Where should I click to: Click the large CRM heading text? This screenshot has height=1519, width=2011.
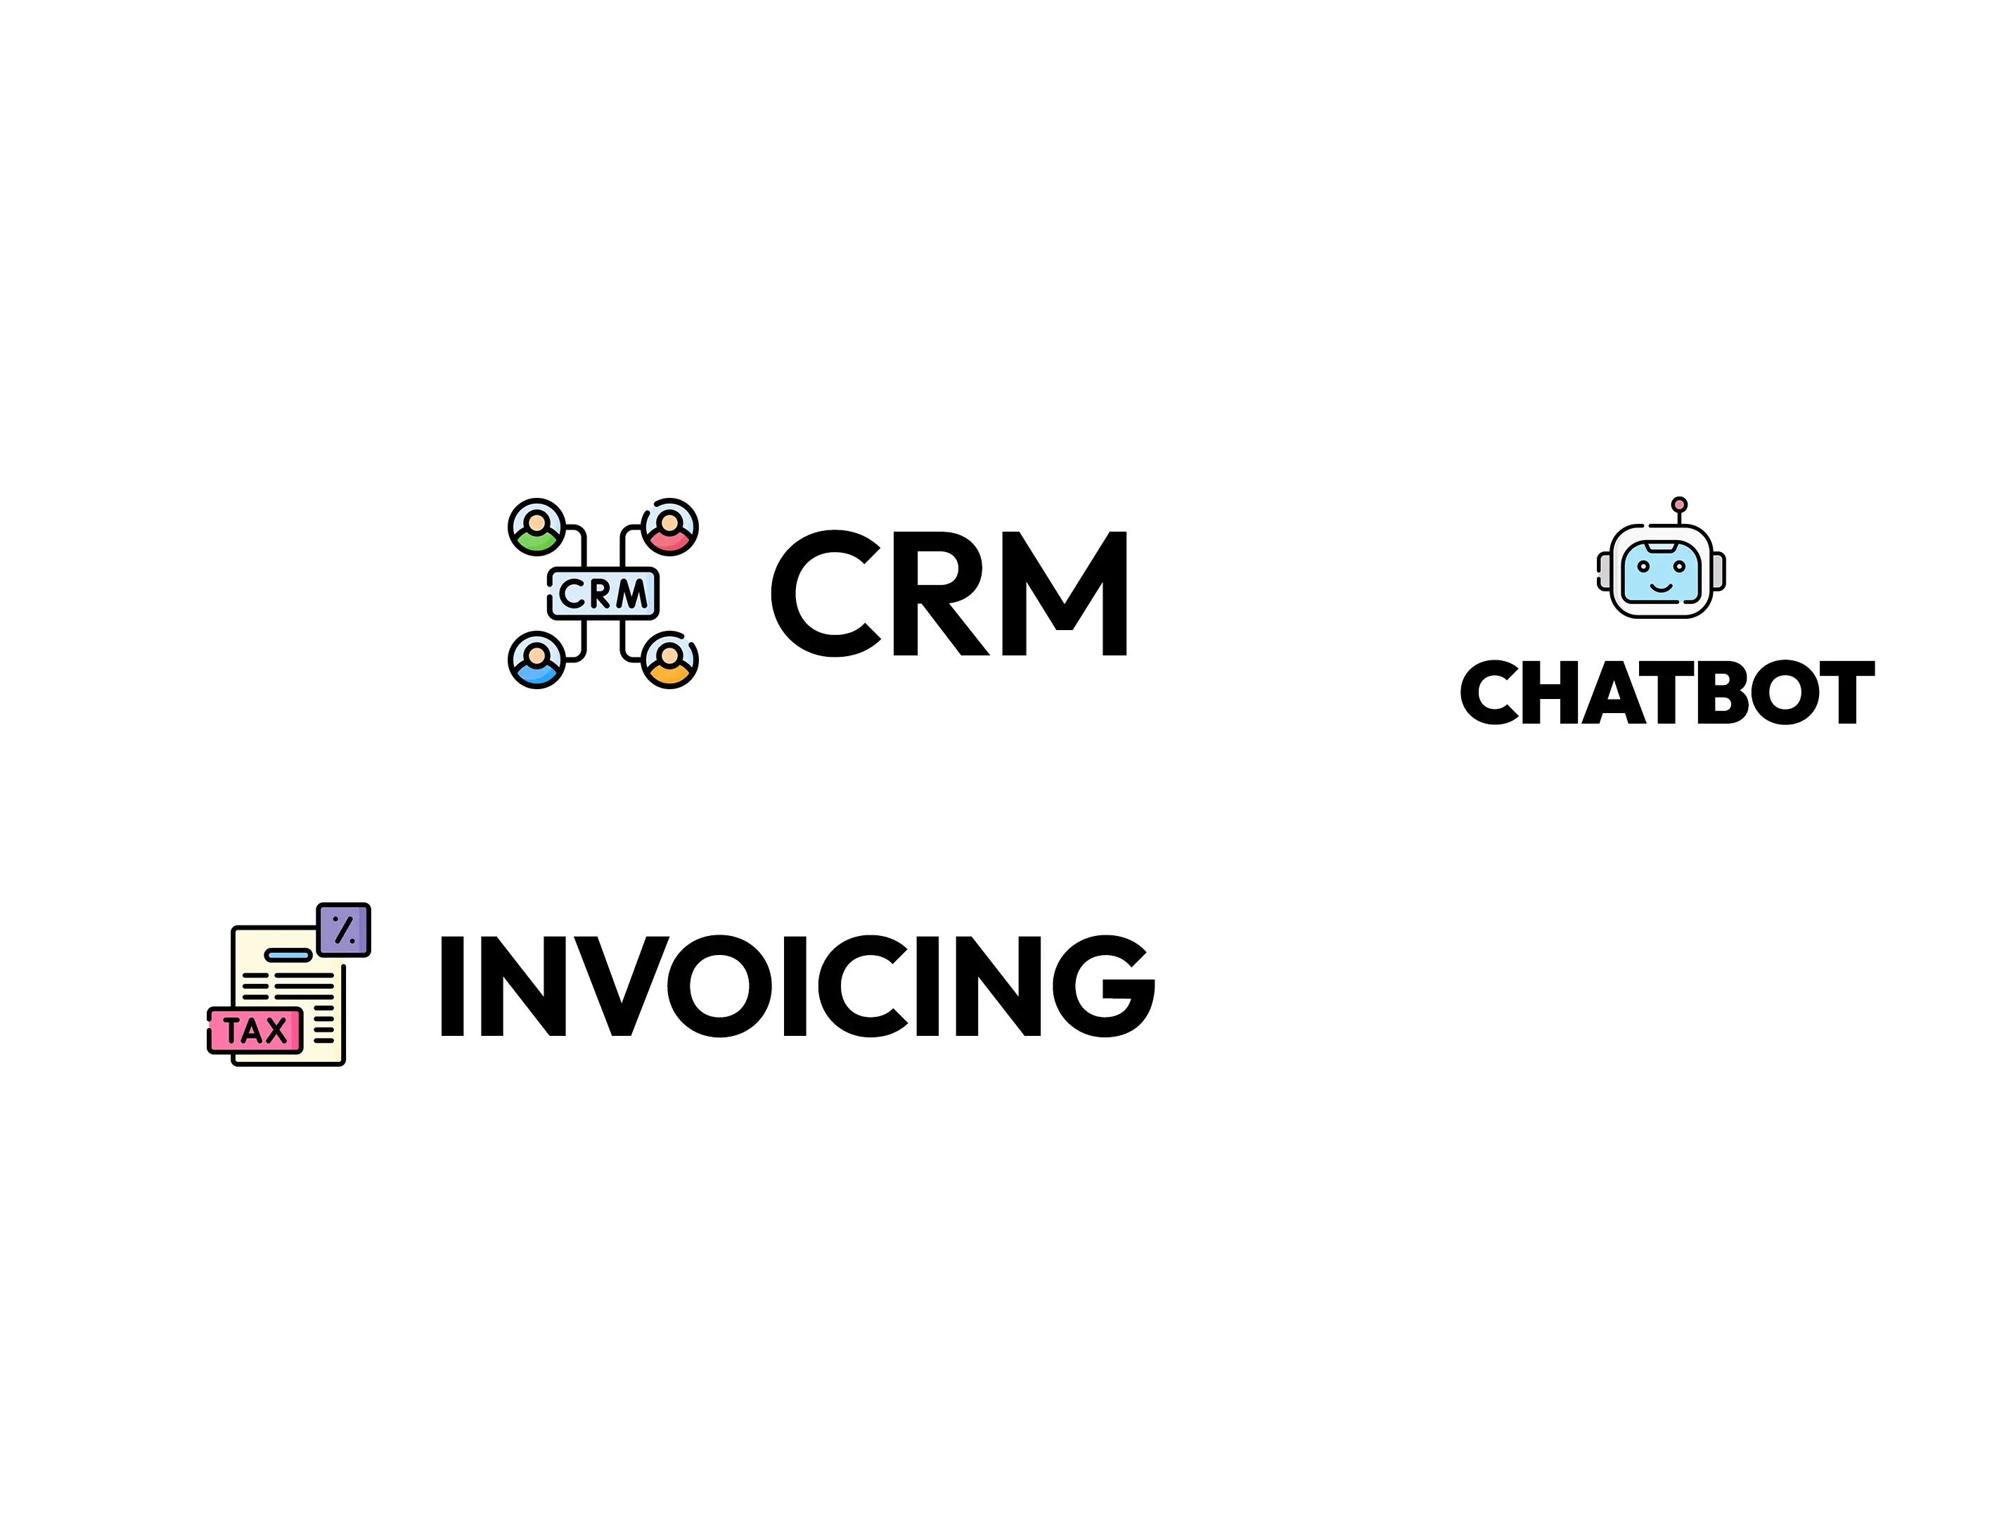coord(950,593)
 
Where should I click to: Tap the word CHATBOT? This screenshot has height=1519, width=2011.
coord(1667,693)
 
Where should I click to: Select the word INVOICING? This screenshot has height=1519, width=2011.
coord(797,985)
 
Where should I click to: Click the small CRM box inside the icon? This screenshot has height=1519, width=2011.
coord(603,594)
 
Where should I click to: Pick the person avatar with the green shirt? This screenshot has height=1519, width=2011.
coord(537,527)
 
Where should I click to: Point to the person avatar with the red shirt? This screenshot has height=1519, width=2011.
coord(670,527)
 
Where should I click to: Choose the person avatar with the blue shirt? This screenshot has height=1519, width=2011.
coord(537,660)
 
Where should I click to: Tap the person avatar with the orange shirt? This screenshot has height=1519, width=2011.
coord(670,660)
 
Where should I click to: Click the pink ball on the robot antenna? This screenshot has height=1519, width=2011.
coord(1679,504)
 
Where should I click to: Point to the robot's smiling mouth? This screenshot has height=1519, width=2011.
coord(1661,588)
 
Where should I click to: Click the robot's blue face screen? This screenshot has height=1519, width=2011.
coord(1661,572)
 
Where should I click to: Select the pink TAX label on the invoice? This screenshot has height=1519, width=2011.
coord(255,1031)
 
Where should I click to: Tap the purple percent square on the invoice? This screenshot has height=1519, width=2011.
coord(344,930)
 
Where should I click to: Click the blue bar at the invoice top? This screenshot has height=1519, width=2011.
coord(288,954)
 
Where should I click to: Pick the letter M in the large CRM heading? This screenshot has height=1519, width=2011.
coord(1069,593)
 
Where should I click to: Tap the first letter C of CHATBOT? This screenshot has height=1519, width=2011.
coord(1489,693)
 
